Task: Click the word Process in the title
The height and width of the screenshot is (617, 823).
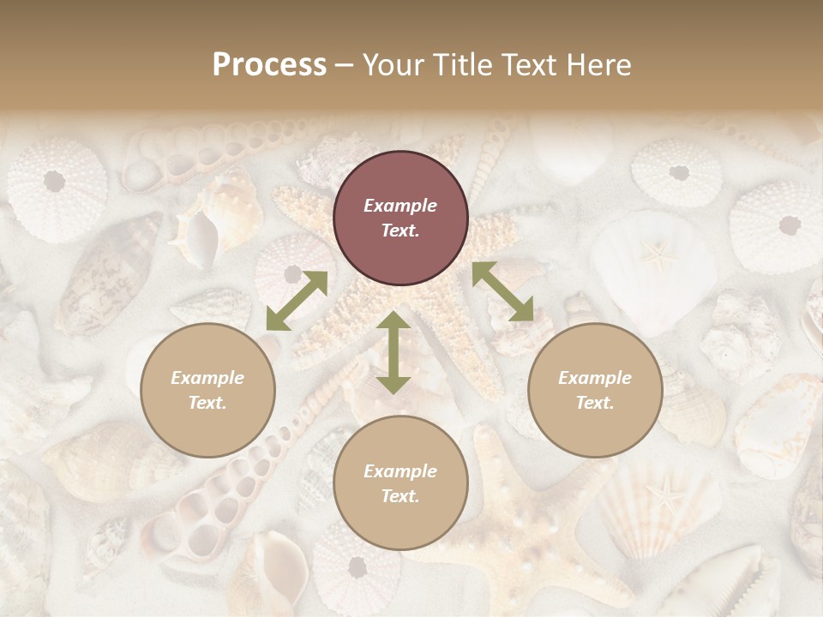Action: click(269, 65)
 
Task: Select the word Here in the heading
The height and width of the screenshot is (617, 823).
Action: click(597, 65)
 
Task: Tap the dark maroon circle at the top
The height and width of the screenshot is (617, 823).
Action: click(400, 219)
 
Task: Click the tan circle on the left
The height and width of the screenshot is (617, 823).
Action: click(207, 391)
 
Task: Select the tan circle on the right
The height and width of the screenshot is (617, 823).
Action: click(595, 391)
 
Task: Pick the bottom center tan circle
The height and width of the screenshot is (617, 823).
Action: click(400, 483)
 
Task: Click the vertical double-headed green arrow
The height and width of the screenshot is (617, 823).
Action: click(393, 353)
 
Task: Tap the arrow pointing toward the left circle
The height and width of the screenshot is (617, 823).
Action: click(296, 300)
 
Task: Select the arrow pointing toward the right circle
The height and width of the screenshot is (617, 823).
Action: click(502, 292)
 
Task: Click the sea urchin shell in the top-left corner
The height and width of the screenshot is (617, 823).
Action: click(57, 189)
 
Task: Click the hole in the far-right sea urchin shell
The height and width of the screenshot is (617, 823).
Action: click(790, 225)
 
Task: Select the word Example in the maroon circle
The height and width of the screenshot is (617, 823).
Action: click(400, 206)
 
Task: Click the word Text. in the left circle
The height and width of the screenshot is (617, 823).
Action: click(207, 403)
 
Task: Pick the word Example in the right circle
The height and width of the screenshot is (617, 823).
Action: click(595, 378)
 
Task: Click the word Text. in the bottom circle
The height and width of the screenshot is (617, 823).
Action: click(400, 496)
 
